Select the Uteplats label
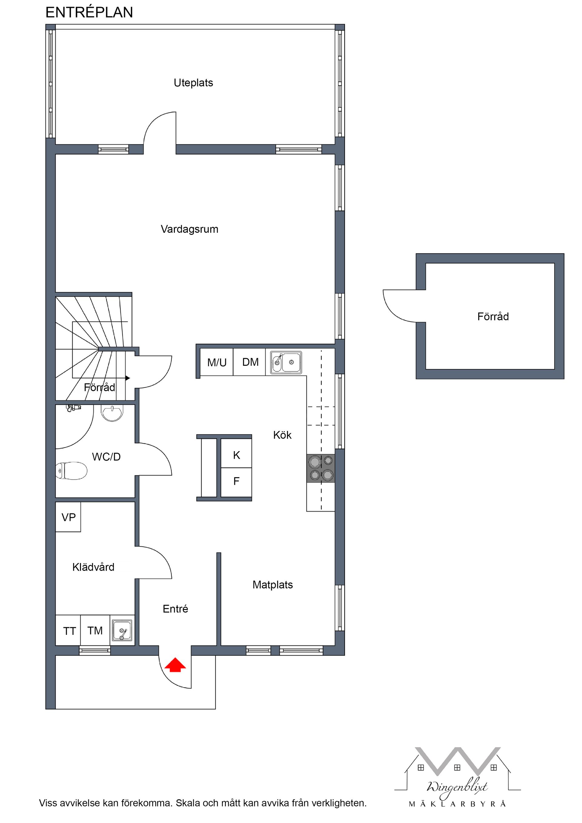[x=193, y=83]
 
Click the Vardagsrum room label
[x=189, y=229]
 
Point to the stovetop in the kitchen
[x=321, y=468]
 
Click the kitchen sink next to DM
[x=286, y=362]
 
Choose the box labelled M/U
[x=217, y=362]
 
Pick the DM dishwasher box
[x=250, y=362]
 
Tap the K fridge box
[x=236, y=455]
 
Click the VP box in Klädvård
[x=68, y=517]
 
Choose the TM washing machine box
[x=95, y=630]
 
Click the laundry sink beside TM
[x=122, y=631]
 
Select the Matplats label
[x=273, y=585]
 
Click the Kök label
[x=282, y=435]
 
